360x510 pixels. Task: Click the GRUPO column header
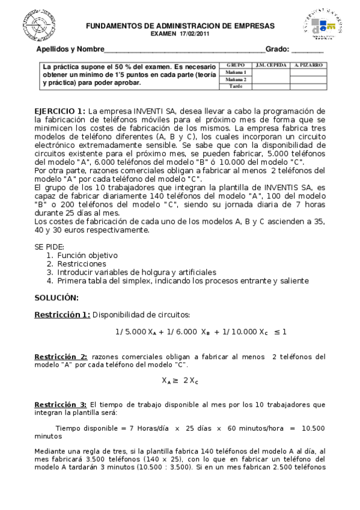click(236, 64)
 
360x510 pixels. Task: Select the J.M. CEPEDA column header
click(270, 64)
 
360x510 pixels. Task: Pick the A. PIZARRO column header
click(309, 64)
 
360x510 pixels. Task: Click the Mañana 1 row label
click(236, 72)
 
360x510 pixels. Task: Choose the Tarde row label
click(236, 87)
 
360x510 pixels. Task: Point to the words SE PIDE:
click(49, 247)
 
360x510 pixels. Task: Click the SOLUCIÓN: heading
click(56, 298)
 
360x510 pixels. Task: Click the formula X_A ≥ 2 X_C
click(180, 381)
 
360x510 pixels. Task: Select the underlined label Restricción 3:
click(61, 405)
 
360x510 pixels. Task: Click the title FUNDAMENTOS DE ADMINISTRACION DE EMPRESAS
click(180, 26)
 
